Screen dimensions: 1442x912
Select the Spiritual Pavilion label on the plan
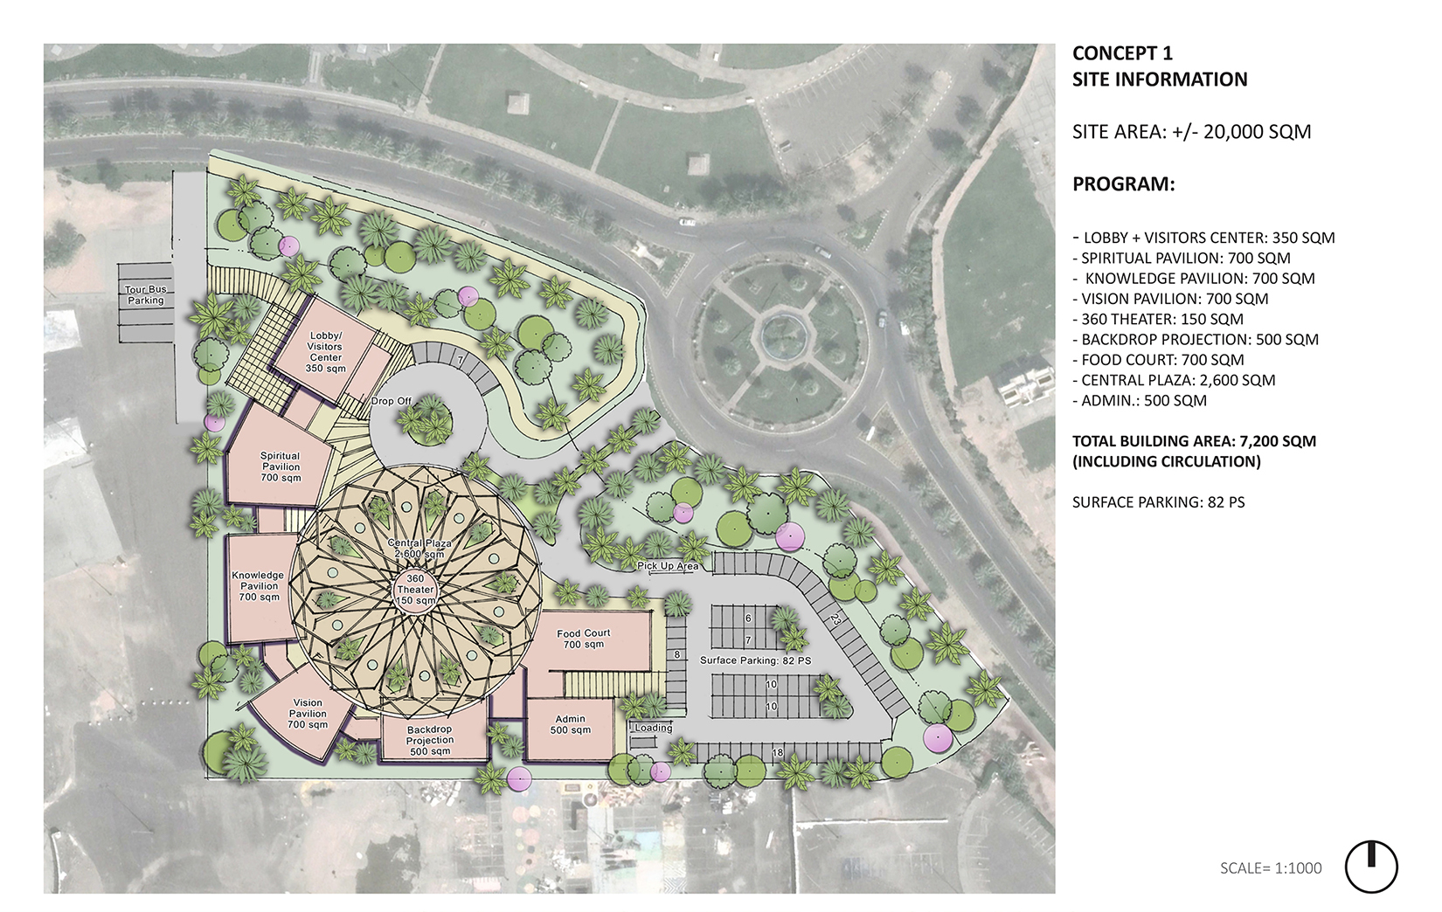pyautogui.click(x=281, y=466)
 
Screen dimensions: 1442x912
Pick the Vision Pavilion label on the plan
pyautogui.click(x=308, y=714)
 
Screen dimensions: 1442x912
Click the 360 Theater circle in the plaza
pyautogui.click(x=415, y=590)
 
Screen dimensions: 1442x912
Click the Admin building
pyautogui.click(x=570, y=729)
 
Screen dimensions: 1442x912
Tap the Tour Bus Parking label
pyautogui.click(x=145, y=294)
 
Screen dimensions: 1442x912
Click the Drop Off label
pyautogui.click(x=391, y=401)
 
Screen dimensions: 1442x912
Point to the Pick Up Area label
pyautogui.click(x=668, y=566)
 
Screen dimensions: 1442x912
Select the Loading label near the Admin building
pyautogui.click(x=654, y=728)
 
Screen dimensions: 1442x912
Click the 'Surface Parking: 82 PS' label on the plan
pyautogui.click(x=755, y=660)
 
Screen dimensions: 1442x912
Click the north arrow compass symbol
pyautogui.click(x=1371, y=867)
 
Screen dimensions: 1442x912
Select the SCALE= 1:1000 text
pyautogui.click(x=1271, y=868)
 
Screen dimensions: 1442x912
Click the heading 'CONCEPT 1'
pyautogui.click(x=1123, y=52)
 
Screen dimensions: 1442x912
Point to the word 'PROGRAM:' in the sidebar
pyautogui.click(x=1123, y=184)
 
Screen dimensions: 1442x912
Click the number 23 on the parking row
pyautogui.click(x=835, y=619)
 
